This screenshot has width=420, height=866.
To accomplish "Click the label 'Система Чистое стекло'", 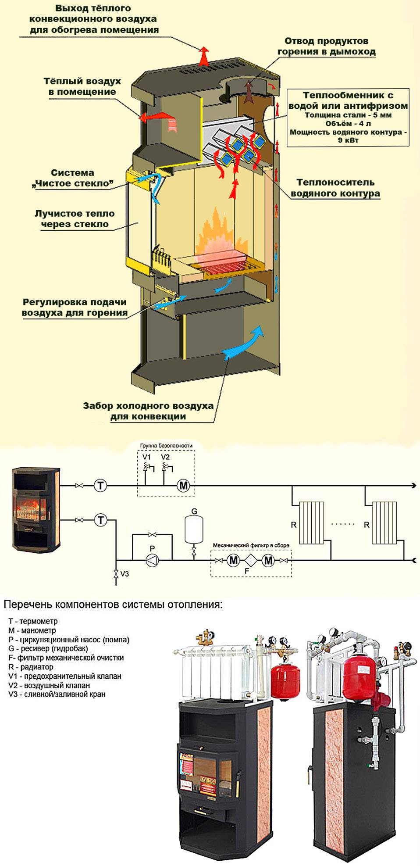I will pos(73,178).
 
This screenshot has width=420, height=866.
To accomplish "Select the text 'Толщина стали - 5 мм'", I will pos(348,115).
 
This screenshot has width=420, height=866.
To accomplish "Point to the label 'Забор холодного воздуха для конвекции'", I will pos(148,411).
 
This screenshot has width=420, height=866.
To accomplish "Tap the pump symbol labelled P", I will pos(152,560).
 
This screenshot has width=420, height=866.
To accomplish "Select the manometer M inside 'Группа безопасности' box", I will pos(184,486).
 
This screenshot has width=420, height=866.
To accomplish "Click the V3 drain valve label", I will pos(125,574).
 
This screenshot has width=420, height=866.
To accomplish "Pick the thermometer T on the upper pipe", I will pos(101,486).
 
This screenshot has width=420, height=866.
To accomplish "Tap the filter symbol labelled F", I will pos(251,560).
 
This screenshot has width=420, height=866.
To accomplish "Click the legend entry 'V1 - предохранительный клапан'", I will pos(64,676).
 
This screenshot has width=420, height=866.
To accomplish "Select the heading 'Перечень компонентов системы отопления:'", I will pos(113,605).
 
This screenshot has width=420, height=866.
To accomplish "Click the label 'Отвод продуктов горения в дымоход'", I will pos(326,46).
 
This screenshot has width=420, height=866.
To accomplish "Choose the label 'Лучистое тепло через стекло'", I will pos(75,219).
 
